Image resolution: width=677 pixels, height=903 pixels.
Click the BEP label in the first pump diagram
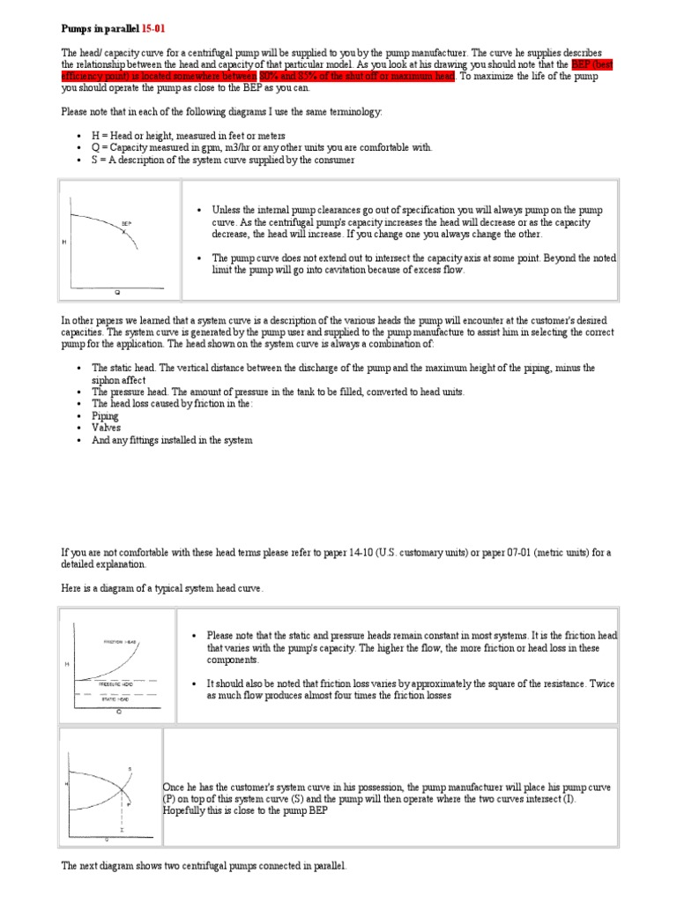127,225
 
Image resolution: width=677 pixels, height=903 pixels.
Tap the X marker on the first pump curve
127,231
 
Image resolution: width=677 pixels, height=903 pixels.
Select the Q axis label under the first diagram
117,291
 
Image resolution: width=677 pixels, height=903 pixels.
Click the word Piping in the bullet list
106,415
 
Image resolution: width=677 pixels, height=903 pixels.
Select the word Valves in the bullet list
107,428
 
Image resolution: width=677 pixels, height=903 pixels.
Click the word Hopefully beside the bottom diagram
188,810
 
